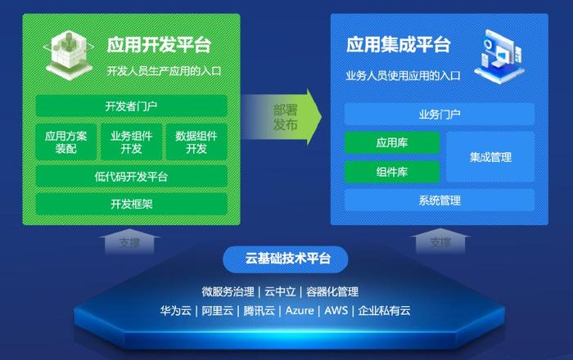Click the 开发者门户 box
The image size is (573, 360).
coord(131,106)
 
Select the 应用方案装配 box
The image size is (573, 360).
coord(66,142)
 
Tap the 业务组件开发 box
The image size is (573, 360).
coord(131,142)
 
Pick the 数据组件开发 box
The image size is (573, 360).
coord(196,142)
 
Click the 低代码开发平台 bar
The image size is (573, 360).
coord(131,177)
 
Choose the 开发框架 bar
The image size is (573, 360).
coord(131,204)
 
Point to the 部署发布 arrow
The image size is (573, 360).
coord(282,117)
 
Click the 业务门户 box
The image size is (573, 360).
coord(440,115)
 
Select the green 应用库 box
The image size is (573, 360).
coord(392,142)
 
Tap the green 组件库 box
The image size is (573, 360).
coord(392,172)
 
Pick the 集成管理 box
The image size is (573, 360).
coord(490,157)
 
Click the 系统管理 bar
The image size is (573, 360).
coord(440,200)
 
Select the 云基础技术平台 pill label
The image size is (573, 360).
coord(286,259)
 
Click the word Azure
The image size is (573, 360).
coord(300,310)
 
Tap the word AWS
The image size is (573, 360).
coord(336,310)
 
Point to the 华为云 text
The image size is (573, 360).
coord(176,311)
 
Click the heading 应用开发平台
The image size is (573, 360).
coord(159,45)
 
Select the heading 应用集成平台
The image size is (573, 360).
coord(399,45)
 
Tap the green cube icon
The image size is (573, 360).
coord(68,55)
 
